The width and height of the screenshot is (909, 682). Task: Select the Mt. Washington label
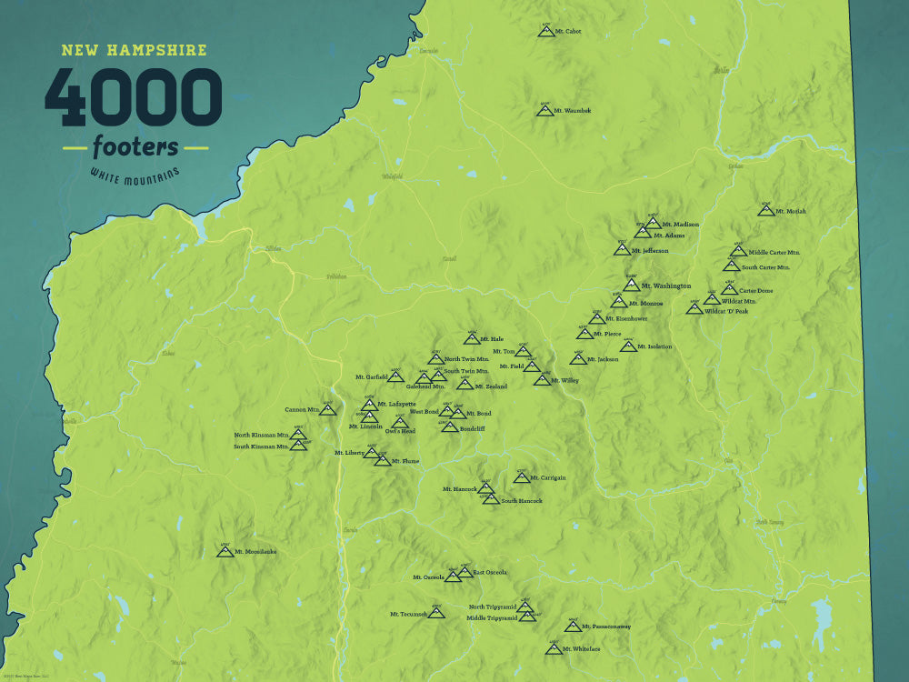[665, 286]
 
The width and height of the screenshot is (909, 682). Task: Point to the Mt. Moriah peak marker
[766, 210]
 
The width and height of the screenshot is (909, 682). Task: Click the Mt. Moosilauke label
[255, 551]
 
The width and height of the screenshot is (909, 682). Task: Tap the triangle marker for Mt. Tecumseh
[437, 613]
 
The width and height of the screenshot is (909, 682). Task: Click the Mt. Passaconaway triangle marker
[573, 626]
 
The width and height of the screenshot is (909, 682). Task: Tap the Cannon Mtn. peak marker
[328, 409]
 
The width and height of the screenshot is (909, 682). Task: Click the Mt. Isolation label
[654, 346]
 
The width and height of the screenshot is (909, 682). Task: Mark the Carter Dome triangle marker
[729, 289]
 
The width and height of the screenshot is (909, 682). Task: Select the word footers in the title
[135, 145]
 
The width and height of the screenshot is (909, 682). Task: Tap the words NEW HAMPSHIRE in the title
[134, 50]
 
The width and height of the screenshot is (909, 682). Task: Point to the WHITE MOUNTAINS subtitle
[135, 173]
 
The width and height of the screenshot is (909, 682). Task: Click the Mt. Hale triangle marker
[472, 339]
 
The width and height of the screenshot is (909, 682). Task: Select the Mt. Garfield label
[372, 376]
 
